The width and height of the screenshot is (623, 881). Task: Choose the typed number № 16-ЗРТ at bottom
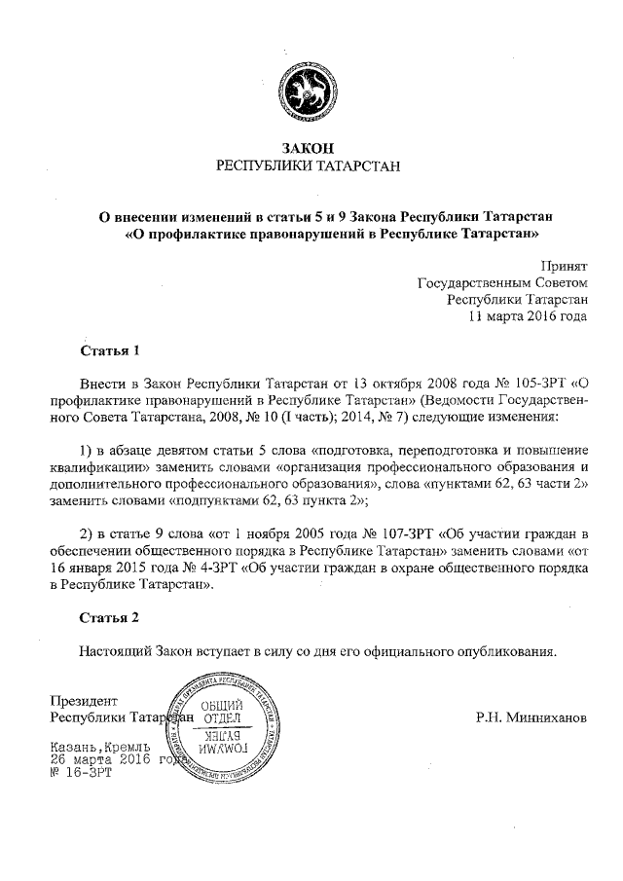coord(80,773)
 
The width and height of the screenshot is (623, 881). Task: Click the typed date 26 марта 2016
coord(99,759)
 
